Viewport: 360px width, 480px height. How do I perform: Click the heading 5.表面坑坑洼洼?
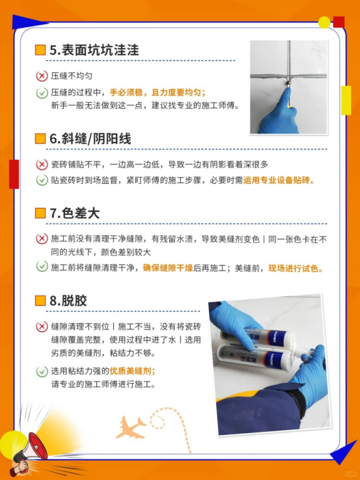[x=94, y=50]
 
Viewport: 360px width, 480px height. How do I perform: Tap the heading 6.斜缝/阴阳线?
[x=90, y=139]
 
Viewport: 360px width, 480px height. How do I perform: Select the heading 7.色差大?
[x=75, y=213]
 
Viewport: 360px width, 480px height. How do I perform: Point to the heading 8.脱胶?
[x=68, y=301]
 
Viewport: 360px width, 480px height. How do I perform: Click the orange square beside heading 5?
[x=40, y=50]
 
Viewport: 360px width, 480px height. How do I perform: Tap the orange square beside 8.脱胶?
[x=40, y=301]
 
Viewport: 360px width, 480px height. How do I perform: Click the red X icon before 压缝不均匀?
[x=42, y=76]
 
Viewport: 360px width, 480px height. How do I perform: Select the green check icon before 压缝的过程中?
[x=42, y=92]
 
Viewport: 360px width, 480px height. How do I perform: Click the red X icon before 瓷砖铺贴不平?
[x=42, y=165]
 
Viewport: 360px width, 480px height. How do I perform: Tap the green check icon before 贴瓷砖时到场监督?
[x=42, y=180]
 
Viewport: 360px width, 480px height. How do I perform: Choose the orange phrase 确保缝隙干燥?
[x=168, y=268]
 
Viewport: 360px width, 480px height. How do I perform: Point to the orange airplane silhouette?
[x=131, y=427]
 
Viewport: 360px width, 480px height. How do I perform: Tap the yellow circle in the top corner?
[x=324, y=22]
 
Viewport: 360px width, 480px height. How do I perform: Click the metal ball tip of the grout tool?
[x=288, y=83]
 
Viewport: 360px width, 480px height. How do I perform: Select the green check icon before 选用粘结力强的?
[x=42, y=371]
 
